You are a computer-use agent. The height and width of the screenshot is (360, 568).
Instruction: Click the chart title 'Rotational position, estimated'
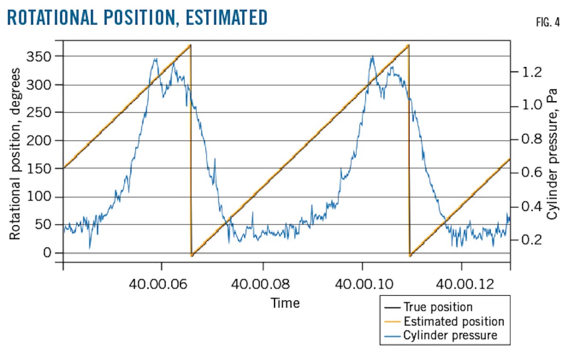138,18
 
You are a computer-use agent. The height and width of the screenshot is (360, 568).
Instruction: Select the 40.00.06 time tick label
161,284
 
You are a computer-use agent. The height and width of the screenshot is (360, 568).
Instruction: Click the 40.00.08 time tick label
263,284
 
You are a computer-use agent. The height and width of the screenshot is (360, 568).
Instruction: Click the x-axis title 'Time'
285,303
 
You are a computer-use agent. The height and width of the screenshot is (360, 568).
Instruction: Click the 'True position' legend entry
438,307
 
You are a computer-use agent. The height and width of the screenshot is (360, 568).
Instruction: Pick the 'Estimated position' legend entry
453,322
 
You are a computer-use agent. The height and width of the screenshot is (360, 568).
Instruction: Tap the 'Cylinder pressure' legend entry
450,335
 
